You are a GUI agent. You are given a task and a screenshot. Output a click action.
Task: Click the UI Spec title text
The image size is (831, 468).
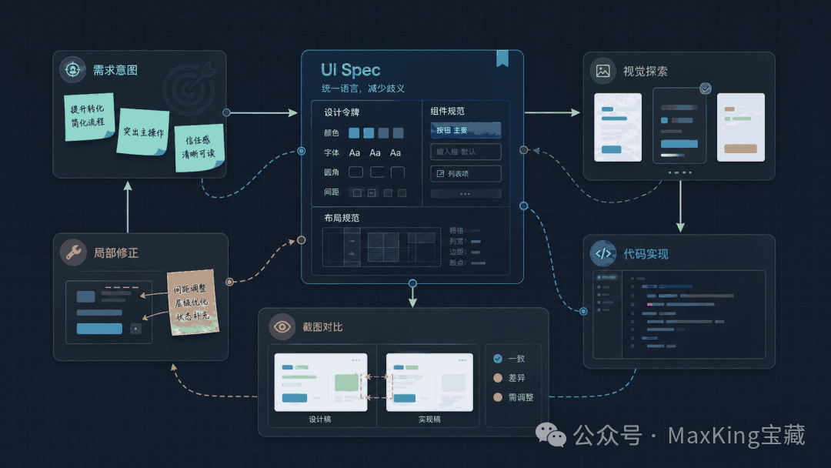(x=350, y=71)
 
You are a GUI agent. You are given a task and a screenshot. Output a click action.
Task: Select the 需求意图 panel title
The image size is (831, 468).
(x=115, y=70)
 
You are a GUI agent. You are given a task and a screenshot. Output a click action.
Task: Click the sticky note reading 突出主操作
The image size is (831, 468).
(x=143, y=132)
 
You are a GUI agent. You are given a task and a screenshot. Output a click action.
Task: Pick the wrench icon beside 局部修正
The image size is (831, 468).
(x=73, y=252)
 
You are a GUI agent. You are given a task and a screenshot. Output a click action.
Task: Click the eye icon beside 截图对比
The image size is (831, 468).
(x=282, y=327)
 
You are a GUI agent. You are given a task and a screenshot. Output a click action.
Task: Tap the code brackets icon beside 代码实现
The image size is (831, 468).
(x=603, y=253)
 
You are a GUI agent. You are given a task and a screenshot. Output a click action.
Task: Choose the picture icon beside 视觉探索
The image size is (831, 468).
(x=603, y=71)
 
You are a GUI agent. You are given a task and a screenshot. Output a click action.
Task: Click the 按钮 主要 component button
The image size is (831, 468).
(x=466, y=130)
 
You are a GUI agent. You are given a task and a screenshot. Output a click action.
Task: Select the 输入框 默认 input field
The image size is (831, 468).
(x=466, y=152)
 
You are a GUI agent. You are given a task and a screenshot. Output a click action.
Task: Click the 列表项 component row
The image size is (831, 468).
(x=466, y=174)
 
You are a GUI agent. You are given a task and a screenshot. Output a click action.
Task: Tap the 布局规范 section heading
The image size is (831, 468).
(x=342, y=219)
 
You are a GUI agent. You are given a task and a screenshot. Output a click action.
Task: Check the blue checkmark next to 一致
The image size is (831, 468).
(x=498, y=358)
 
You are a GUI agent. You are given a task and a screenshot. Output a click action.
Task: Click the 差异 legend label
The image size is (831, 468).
(x=516, y=378)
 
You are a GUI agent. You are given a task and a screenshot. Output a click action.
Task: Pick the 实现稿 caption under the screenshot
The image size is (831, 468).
(x=429, y=420)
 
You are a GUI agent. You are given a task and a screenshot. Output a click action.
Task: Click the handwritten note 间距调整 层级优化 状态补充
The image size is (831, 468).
(x=192, y=303)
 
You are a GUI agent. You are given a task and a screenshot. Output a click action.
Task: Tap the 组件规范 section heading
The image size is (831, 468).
(x=448, y=112)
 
